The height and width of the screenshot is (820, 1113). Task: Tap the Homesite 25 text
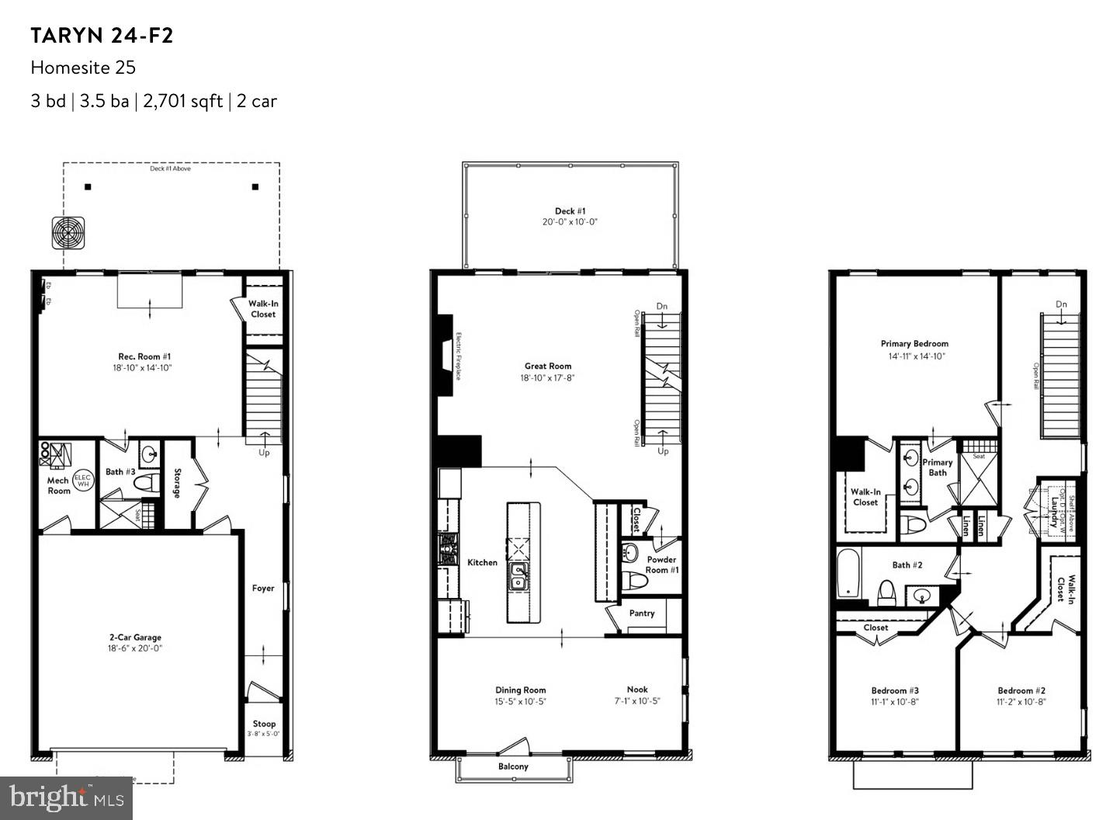coord(83,68)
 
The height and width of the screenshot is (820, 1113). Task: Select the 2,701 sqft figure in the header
coord(182,101)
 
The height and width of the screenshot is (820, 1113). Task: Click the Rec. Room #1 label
coord(139,356)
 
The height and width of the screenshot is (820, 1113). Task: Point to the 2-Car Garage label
coord(135,638)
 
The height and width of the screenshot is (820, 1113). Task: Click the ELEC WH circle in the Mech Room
coord(82,480)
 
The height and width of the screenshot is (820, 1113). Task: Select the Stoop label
coord(264,724)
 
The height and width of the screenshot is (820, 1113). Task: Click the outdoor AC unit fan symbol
coord(68,233)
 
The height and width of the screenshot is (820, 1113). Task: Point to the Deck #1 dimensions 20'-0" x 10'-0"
coord(570,222)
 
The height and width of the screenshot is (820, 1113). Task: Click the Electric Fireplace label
coord(459,356)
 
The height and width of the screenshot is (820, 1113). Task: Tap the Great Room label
coord(548,366)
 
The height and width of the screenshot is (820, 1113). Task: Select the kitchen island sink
coord(518,577)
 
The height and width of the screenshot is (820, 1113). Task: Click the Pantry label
coord(642,613)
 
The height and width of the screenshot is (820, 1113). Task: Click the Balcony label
coord(513,766)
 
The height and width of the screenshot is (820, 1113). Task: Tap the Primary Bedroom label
coord(914,343)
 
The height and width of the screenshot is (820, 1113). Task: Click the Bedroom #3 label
coord(895,690)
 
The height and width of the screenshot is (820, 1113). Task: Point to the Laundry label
coord(1053,512)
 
